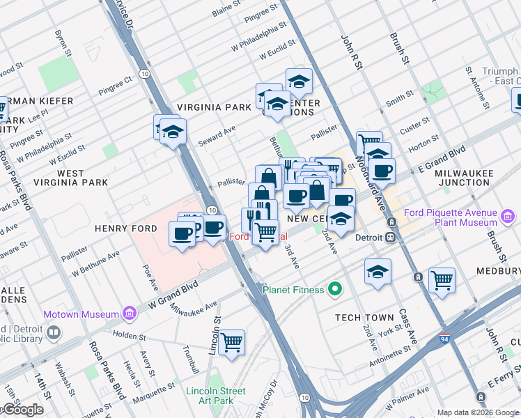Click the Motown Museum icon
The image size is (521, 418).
click(x=129, y=314)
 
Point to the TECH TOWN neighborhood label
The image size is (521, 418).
click(x=364, y=318)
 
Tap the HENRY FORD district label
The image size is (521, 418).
click(x=126, y=229)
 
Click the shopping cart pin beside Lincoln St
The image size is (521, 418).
click(x=231, y=342)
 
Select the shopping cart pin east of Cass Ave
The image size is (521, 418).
click(x=442, y=281)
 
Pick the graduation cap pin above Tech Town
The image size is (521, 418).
click(x=378, y=272)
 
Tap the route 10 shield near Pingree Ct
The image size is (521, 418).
click(x=143, y=72)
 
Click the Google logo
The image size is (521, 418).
click(x=22, y=410)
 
